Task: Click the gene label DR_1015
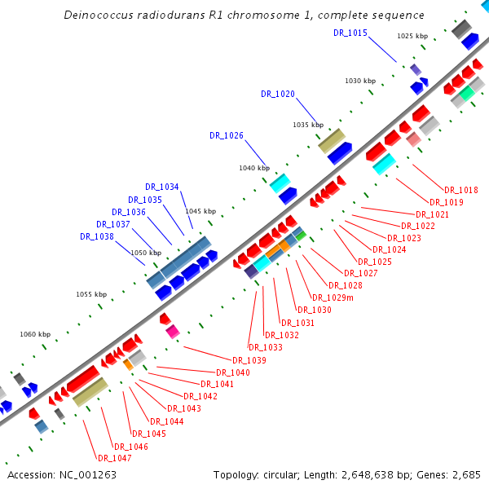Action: pyautogui.click(x=350, y=33)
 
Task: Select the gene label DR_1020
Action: pyautogui.click(x=278, y=94)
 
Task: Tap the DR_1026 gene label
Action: pyautogui.click(x=227, y=135)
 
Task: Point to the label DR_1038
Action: pyautogui.click(x=97, y=236)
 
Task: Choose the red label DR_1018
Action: pyautogui.click(x=461, y=190)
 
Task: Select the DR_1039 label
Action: pyautogui.click(x=249, y=360)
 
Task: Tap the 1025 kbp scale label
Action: pyautogui.click(x=412, y=37)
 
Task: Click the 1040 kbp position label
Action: pyautogui.click(x=253, y=168)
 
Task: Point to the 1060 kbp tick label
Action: pyautogui.click(x=35, y=334)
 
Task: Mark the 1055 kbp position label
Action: pyautogui.click(x=91, y=294)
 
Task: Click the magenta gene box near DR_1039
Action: pyautogui.click(x=172, y=331)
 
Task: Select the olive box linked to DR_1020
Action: pyautogui.click(x=332, y=141)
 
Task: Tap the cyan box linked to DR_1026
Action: pyautogui.click(x=280, y=183)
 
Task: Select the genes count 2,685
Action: pyautogui.click(x=463, y=474)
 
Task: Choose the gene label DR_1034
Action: pyautogui.click(x=162, y=187)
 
